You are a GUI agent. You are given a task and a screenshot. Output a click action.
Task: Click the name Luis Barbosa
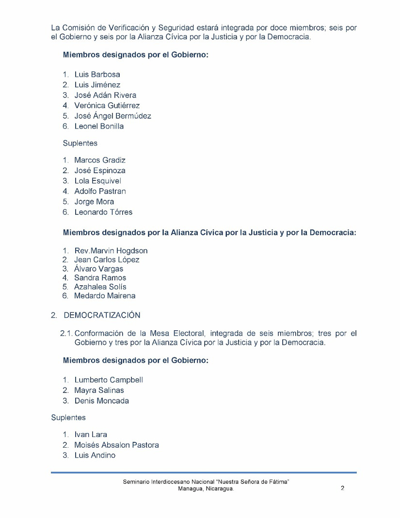[x=97, y=75]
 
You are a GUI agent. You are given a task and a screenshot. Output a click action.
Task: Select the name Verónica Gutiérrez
[x=107, y=106]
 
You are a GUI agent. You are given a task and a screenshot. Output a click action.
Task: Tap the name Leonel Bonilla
[x=99, y=127]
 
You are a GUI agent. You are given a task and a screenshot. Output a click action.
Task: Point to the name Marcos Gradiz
[x=100, y=160]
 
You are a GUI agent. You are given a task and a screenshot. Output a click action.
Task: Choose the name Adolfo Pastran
[x=100, y=191]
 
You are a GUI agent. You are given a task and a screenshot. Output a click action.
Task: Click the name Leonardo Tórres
[x=103, y=212]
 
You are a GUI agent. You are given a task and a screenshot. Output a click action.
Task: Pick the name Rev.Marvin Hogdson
[x=111, y=251]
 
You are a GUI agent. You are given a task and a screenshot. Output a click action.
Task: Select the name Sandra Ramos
[x=100, y=278]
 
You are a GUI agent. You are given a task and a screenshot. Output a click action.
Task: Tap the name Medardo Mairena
[x=105, y=296]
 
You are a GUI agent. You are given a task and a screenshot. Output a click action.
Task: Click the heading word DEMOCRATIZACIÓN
[x=102, y=315]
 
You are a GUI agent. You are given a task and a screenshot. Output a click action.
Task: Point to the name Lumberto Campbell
[x=109, y=380]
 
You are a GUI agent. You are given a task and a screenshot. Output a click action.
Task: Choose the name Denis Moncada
[x=101, y=401]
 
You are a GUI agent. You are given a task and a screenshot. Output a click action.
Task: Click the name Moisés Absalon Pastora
[x=116, y=445]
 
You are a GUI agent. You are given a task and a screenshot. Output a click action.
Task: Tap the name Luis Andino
[x=95, y=455]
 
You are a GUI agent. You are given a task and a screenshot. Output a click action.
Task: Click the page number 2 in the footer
[x=342, y=488]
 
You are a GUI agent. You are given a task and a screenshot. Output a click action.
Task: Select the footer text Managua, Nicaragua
[x=206, y=489]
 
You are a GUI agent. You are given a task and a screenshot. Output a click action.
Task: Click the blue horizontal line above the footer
[x=204, y=472]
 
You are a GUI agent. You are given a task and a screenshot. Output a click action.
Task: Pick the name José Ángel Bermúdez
[x=112, y=116]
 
